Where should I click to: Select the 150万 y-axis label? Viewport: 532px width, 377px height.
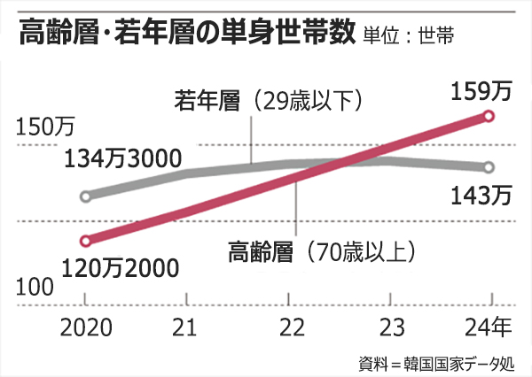(46, 127)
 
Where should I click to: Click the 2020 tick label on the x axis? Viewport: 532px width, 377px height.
(85, 328)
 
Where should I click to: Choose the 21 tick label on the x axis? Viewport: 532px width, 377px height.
(184, 328)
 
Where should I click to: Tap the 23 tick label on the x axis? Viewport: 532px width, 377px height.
(392, 328)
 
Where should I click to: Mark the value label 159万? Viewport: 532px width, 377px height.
(481, 91)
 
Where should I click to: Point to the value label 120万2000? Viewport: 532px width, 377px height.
(121, 266)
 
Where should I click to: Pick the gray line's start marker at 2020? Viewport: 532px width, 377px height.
(84, 196)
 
